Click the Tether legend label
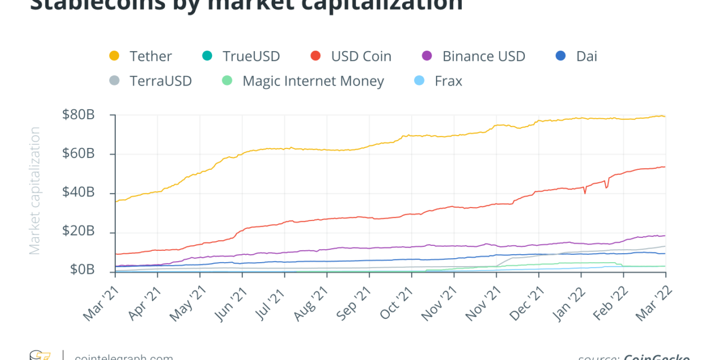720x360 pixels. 150,56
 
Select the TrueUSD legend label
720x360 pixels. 251,56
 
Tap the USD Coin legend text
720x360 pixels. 361,56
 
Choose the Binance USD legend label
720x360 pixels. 483,56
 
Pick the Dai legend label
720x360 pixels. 587,56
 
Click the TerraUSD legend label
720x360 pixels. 160,81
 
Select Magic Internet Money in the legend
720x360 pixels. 313,81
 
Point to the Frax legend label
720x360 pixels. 448,81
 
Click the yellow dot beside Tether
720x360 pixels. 114,56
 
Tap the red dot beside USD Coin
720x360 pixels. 316,56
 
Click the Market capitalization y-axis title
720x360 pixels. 35,191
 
